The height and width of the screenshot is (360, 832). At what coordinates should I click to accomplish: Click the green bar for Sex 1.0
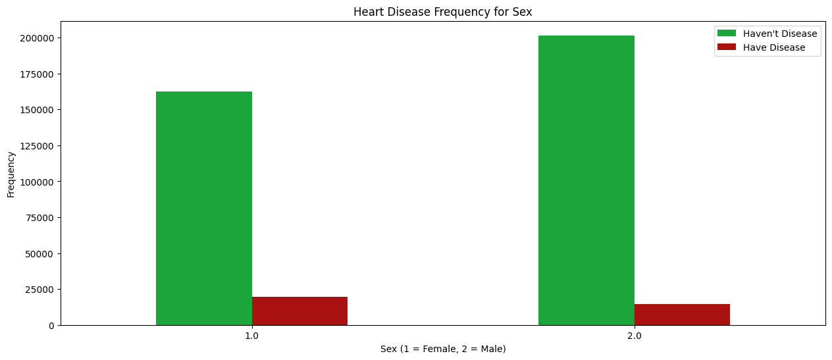coord(204,208)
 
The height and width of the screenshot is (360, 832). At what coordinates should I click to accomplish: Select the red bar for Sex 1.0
coord(299,311)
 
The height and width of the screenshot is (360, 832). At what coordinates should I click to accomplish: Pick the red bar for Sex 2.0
coord(682,315)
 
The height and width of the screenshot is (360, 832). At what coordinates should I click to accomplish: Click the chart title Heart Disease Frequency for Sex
coord(442,12)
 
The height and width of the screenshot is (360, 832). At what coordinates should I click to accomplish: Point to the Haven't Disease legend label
coord(780,34)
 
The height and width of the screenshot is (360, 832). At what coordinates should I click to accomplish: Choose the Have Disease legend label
coord(774,47)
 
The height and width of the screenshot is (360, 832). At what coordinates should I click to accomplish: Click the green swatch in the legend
coord(726,34)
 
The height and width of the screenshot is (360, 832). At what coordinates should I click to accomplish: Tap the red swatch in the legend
coord(726,47)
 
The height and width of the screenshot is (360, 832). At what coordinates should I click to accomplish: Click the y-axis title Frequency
coord(11,174)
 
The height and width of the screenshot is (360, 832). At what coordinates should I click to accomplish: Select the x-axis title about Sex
coord(443,349)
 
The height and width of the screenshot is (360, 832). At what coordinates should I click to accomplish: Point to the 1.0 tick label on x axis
coord(251,336)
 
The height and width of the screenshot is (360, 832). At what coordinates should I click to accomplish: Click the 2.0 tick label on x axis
coord(634,336)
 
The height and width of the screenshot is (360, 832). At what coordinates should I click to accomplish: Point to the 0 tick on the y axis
coord(51,325)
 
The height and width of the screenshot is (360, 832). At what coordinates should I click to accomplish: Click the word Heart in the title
coord(367,12)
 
